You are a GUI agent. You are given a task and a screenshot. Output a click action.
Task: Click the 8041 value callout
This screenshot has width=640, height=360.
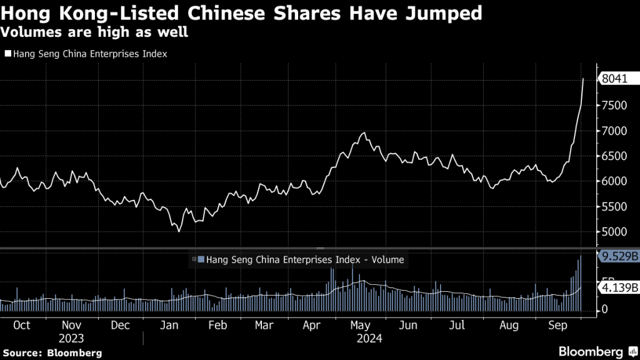614,79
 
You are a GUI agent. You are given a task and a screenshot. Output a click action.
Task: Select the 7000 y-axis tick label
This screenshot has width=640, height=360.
613,131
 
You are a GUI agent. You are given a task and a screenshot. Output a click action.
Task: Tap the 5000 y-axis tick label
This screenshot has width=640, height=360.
613,232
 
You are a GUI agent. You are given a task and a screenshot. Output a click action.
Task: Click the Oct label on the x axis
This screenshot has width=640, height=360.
22,325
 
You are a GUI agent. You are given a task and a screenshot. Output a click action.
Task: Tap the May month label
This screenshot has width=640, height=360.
359,325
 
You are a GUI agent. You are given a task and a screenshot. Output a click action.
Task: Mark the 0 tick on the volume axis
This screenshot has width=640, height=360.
604,309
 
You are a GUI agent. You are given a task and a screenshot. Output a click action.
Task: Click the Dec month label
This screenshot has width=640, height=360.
120,325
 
